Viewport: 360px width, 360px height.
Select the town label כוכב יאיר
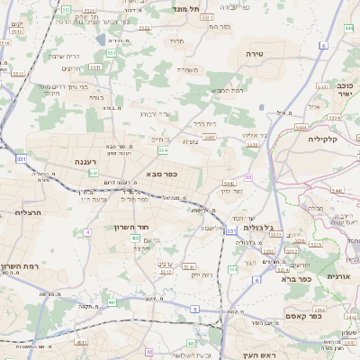click(344, 89)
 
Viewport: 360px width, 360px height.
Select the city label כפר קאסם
click(303, 315)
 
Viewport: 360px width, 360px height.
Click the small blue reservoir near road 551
click(115, 40)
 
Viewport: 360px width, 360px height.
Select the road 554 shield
click(163, 150)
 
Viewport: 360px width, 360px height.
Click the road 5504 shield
click(209, 138)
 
